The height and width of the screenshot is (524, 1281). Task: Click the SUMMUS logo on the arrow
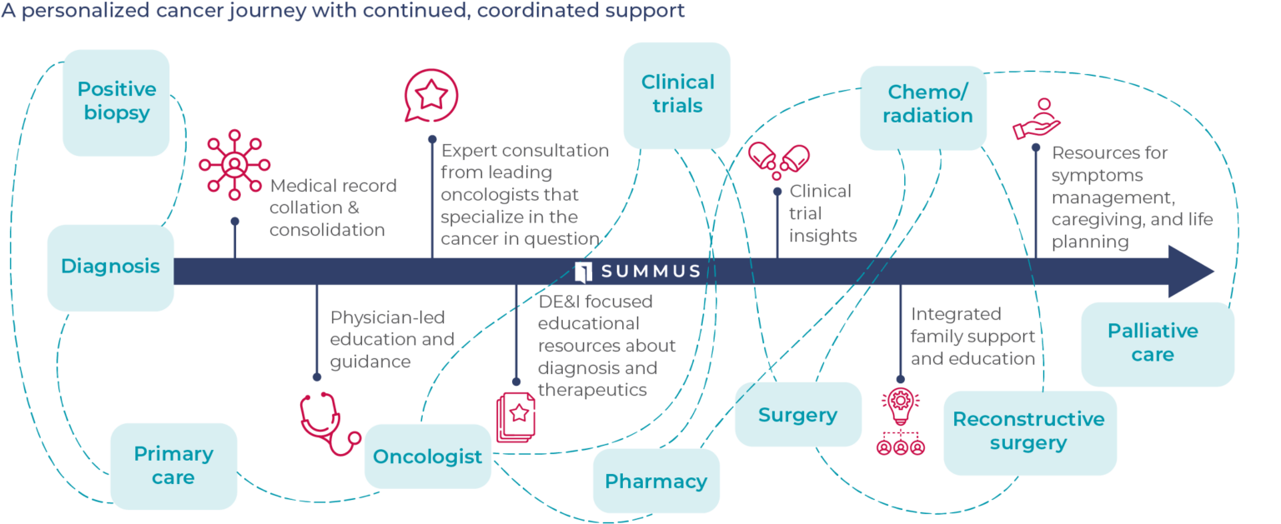coord(637,272)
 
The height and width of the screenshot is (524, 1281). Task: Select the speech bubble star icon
coord(431,96)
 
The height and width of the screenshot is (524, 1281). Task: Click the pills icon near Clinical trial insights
coord(778,159)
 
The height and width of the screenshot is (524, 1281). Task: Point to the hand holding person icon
coord(1037,120)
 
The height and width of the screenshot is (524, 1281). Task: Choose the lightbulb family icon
coord(901,421)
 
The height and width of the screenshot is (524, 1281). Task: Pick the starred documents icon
coord(515,417)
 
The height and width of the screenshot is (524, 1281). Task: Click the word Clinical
coord(821,192)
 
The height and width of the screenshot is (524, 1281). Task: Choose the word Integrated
coord(956,315)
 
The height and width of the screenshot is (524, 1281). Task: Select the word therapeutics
coord(592,390)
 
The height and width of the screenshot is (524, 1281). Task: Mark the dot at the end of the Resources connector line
coord(1036,147)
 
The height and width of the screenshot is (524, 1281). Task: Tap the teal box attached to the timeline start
coord(110,267)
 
